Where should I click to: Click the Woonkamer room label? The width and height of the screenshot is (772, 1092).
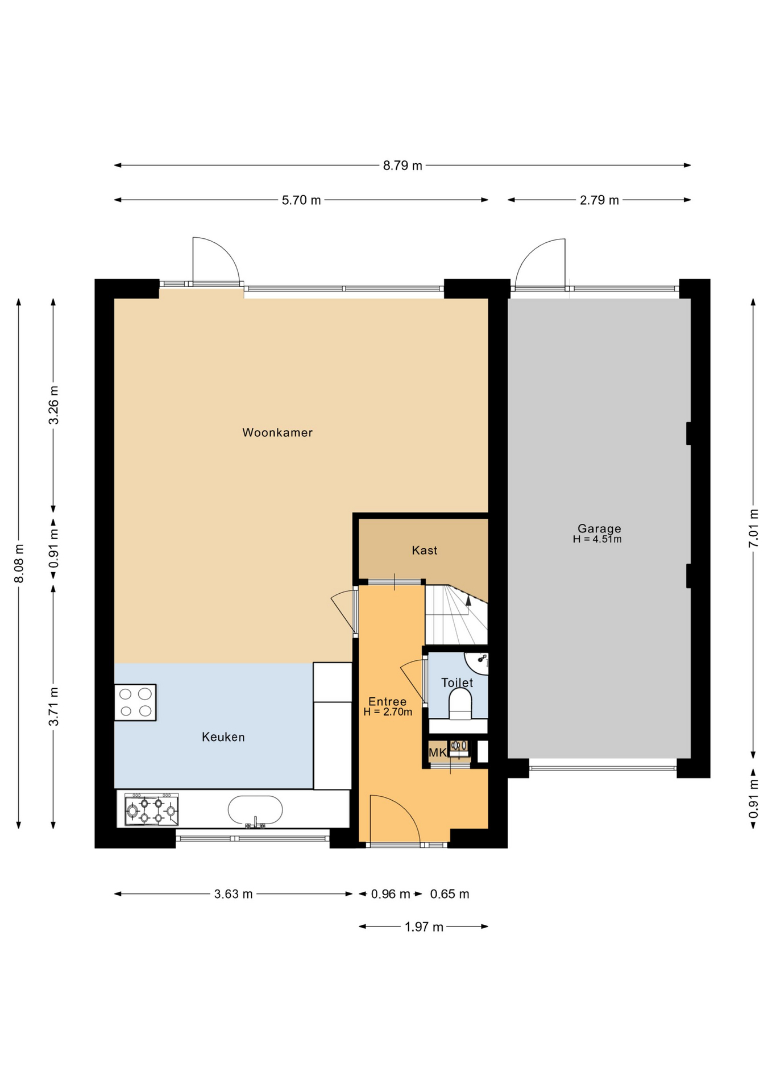[277, 432]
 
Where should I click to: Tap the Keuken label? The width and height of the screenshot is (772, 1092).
[223, 737]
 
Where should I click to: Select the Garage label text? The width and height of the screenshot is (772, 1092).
[599, 528]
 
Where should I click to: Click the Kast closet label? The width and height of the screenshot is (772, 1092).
[425, 550]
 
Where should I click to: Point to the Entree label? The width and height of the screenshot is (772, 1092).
[388, 701]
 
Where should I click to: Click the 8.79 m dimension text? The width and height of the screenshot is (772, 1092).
[402, 166]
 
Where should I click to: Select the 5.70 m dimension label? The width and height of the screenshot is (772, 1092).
[301, 200]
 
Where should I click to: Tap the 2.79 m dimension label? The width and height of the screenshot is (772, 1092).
[599, 200]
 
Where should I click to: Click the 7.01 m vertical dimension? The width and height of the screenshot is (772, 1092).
[753, 528]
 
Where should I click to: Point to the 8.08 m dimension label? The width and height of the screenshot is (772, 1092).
[19, 563]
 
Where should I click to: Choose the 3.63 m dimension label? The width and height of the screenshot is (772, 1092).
[233, 894]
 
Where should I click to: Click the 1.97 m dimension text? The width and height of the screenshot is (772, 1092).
[424, 927]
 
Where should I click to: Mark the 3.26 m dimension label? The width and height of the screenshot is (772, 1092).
[53, 405]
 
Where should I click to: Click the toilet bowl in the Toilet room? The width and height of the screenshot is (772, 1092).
[460, 705]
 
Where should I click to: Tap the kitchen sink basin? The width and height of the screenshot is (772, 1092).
[255, 809]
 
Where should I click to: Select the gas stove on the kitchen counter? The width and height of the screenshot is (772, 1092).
[151, 809]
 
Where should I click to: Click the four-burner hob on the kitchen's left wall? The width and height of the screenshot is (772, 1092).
[135, 702]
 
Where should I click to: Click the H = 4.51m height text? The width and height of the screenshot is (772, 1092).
[597, 539]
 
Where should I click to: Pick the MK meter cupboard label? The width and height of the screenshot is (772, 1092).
[438, 753]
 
